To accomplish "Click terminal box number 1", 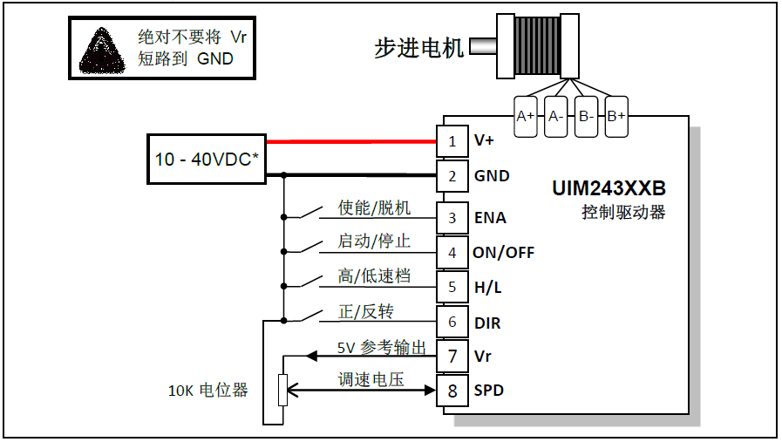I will click(x=452, y=141).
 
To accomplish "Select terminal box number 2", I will click(x=452, y=176).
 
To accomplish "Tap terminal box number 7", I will click(x=452, y=357).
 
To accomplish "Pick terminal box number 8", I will click(x=452, y=391).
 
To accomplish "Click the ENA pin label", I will click(x=490, y=217).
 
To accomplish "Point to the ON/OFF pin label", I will click(x=503, y=253).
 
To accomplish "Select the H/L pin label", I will click(x=487, y=287).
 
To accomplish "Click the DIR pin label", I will click(x=487, y=323).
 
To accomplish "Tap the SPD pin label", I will click(x=488, y=391).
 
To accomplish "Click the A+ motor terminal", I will click(x=525, y=116).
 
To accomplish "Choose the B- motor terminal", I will click(x=586, y=116).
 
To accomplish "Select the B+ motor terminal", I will click(x=616, y=116).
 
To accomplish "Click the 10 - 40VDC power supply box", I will click(x=207, y=160).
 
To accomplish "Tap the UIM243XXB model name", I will click(x=609, y=189).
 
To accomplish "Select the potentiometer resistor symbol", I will click(x=282, y=390).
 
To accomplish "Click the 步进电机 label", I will click(x=419, y=48).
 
